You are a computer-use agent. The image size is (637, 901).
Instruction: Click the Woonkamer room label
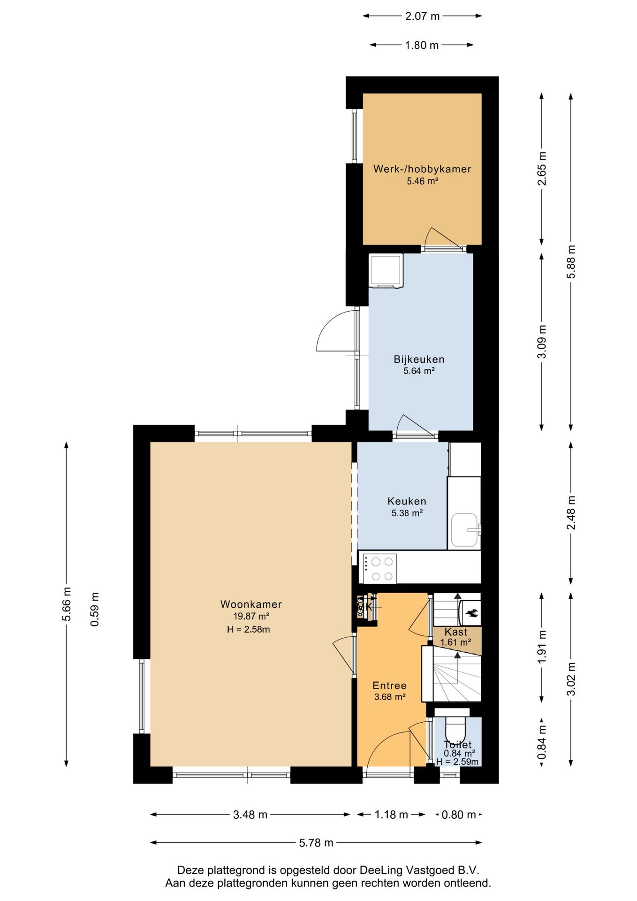251,604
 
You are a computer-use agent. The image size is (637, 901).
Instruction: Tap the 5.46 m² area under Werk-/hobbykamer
422,181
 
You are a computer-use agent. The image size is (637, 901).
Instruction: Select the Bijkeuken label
419,359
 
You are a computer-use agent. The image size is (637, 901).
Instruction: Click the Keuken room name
407,501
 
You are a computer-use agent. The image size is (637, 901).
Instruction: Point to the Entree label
389,685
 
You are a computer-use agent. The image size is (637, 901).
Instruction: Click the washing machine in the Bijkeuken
386,270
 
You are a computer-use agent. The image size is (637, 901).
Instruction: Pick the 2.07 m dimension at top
422,16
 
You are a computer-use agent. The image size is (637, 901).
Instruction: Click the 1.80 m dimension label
422,45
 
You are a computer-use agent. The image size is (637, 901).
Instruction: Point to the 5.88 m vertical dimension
571,262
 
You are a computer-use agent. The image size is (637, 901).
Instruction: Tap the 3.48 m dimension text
250,814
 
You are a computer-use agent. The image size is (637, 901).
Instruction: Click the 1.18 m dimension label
391,814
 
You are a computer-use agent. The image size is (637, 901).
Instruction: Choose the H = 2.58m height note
248,629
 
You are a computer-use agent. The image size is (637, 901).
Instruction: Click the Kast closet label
455,632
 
